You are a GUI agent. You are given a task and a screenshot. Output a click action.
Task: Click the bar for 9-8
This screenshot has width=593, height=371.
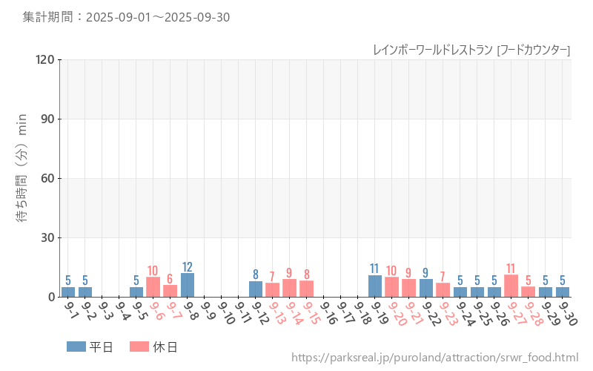[188, 285]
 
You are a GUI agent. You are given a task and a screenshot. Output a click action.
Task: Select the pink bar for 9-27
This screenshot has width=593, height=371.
[511, 286]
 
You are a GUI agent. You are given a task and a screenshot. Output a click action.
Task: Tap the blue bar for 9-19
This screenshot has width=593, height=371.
[374, 286]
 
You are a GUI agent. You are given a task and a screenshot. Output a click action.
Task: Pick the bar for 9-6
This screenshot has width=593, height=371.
[153, 287]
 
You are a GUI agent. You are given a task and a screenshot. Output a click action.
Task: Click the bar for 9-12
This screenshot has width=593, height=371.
[255, 289]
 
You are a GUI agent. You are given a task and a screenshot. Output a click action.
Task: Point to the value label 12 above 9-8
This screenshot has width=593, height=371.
[188, 267]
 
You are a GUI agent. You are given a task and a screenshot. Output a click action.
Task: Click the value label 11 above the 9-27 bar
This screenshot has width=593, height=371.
[511, 269]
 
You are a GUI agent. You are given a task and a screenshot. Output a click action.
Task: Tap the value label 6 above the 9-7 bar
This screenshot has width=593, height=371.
[170, 279]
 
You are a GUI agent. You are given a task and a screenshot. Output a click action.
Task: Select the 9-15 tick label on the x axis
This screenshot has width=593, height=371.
[311, 313]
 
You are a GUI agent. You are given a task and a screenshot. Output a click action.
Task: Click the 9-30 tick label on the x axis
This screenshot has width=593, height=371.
[566, 313]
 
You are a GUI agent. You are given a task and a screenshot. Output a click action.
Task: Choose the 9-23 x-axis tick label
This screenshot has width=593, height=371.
[447, 313]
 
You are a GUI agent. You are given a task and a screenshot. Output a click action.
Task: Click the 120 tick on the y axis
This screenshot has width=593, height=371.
[45, 60]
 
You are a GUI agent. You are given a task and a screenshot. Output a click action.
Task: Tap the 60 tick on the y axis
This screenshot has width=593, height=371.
[48, 179]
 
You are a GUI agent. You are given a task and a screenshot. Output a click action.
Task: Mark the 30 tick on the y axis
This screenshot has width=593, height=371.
[48, 238]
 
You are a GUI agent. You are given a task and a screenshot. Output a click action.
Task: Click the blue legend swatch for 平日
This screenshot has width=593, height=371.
[76, 347]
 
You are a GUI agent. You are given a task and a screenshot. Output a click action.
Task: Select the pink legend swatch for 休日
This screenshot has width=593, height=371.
[139, 347]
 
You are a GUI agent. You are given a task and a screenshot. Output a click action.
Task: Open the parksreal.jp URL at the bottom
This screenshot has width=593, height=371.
[434, 358]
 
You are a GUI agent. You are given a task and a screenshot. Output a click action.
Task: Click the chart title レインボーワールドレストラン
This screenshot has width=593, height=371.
[432, 50]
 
